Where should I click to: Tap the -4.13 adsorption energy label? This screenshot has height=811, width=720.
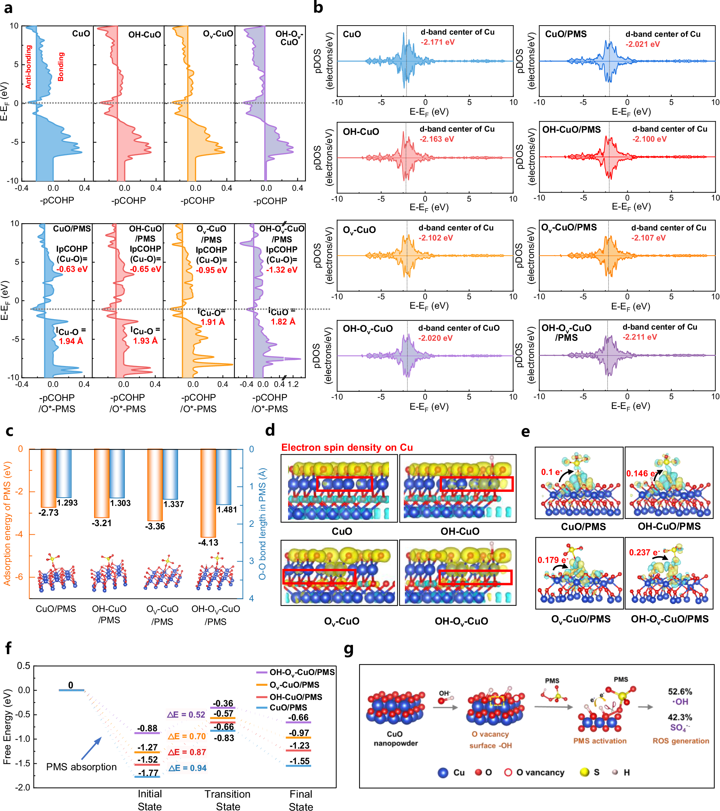208,542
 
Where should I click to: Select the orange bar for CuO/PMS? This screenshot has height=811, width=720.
48,478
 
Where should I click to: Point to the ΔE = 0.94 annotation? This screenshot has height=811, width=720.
187,768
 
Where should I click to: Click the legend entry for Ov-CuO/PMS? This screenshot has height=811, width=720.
294,685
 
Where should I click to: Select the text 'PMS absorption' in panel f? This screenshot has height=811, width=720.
81,767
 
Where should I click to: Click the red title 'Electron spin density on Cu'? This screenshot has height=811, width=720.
347,447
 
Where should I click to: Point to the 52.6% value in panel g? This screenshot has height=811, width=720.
680,691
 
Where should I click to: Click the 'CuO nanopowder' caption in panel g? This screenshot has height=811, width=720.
396,739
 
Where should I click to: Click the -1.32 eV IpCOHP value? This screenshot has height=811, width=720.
281,270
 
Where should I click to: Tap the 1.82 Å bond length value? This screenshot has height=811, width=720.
283,321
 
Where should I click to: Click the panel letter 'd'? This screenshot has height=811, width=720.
270,430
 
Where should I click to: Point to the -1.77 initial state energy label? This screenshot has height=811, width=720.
147,772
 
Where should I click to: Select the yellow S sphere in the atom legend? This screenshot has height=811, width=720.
584,772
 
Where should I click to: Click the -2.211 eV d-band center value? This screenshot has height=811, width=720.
640,337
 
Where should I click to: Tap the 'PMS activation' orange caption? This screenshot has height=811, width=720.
600,741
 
